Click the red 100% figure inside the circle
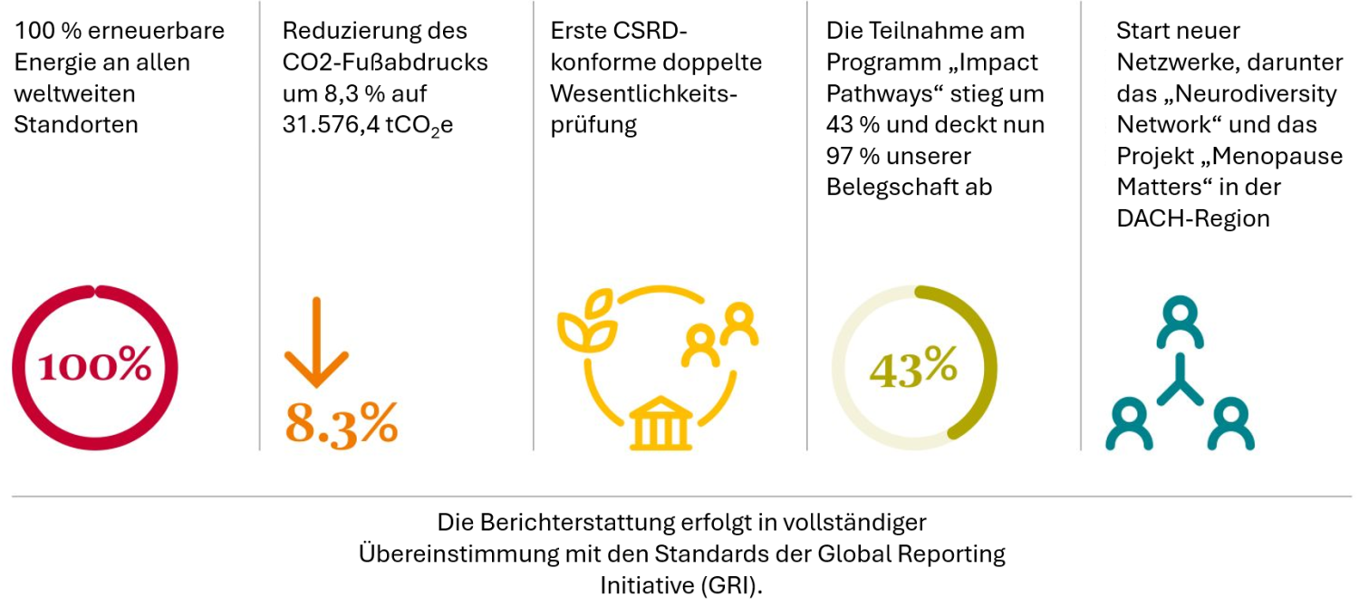tap(94, 366)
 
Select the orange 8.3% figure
tap(342, 420)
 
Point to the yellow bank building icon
tap(661, 426)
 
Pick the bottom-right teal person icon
tap(1231, 424)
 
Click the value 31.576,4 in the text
tap(336, 124)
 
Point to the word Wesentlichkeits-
tap(645, 93)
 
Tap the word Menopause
tap(1278, 156)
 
